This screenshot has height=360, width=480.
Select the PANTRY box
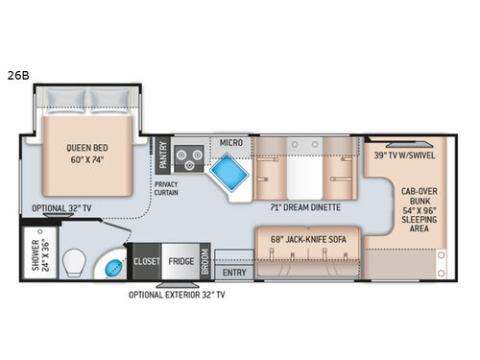pos(163,154)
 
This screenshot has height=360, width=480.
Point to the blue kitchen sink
pos(227,174)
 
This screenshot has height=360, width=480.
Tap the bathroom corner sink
pos(113,264)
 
